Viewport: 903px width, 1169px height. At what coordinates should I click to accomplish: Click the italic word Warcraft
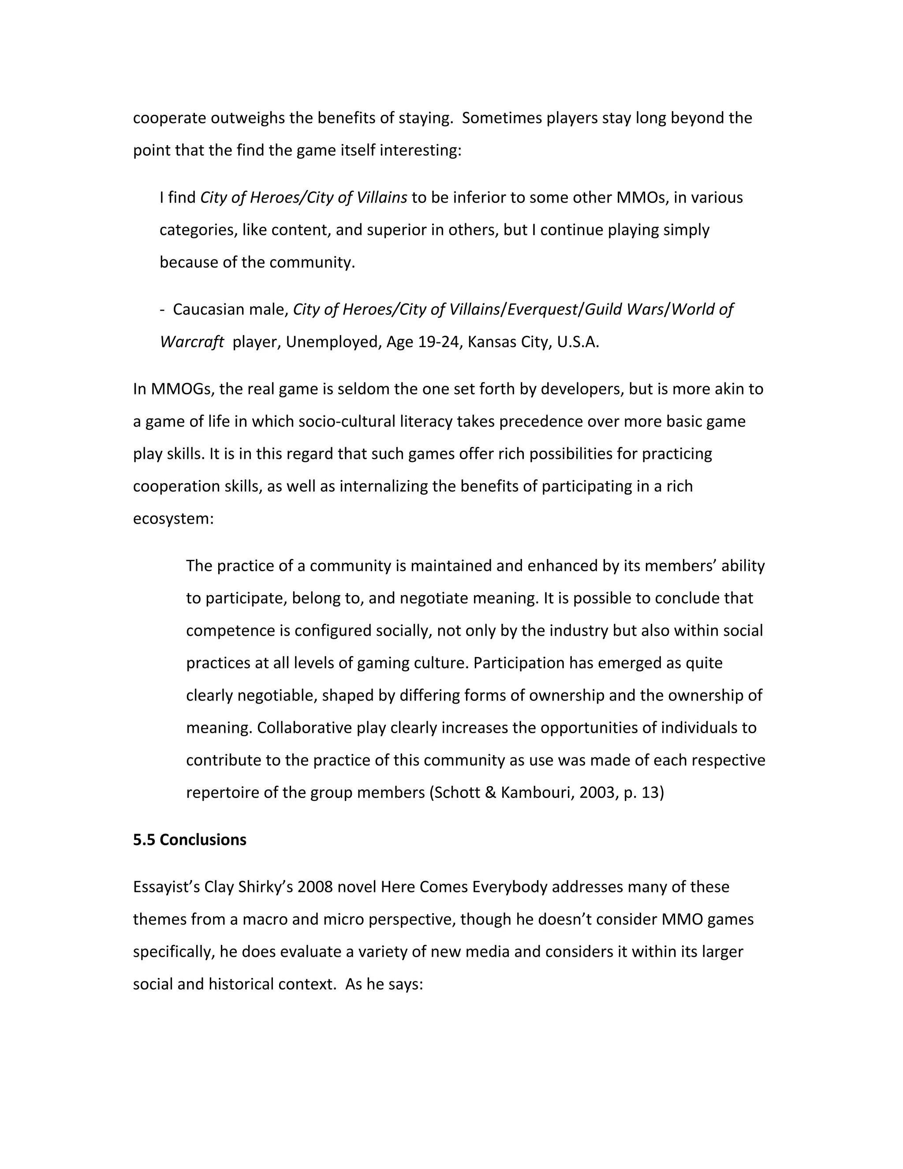click(191, 341)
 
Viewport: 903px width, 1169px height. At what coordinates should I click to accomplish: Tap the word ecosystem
click(173, 518)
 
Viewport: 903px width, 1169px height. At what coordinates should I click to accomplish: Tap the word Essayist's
click(166, 887)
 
